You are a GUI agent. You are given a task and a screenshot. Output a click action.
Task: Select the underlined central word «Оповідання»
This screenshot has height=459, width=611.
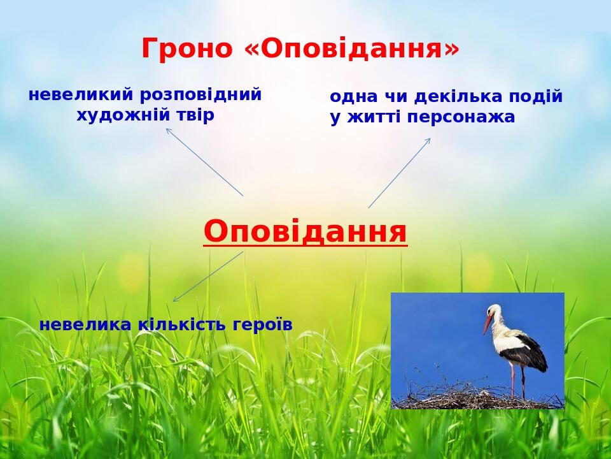click(x=305, y=231)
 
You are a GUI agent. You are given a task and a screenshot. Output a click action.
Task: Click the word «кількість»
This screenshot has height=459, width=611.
click(x=183, y=324)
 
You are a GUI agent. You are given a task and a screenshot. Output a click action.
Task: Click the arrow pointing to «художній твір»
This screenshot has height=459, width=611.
click(x=204, y=162)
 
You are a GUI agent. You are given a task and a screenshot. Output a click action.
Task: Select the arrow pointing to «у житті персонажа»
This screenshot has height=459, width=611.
click(x=400, y=173)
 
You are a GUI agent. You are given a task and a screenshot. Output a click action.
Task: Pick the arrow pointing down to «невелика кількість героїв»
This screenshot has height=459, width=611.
click(x=208, y=276)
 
